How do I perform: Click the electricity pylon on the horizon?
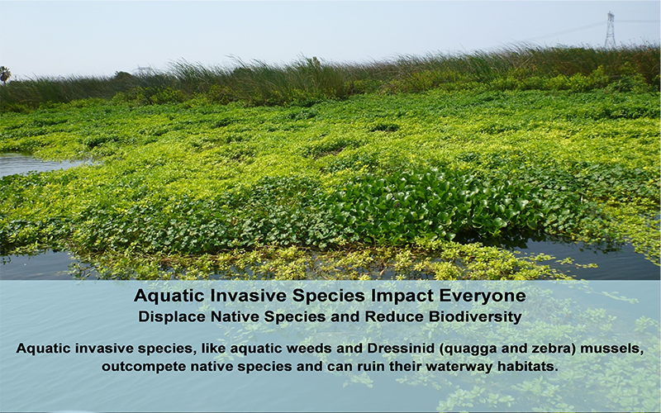tap(610, 30)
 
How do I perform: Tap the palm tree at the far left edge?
tap(5, 74)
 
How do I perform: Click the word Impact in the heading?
tap(402, 296)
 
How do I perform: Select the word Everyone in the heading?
tap(483, 296)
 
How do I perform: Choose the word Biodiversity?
tap(476, 316)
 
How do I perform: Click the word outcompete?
tap(144, 367)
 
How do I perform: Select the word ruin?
tap(371, 366)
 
